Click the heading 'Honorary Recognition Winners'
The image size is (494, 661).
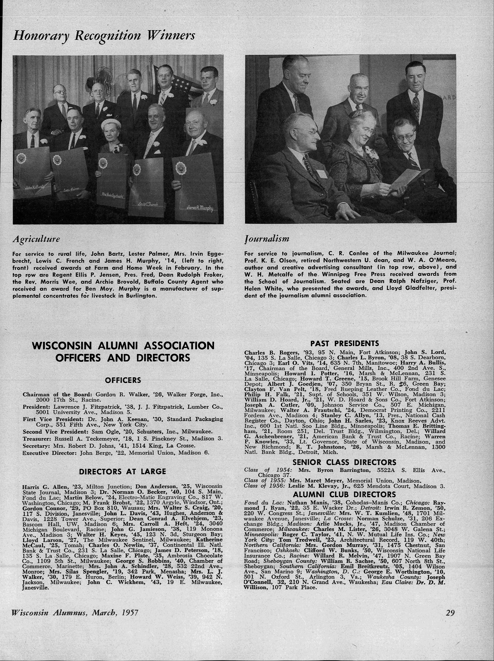click(x=104, y=36)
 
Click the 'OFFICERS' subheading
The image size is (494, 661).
click(x=123, y=380)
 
